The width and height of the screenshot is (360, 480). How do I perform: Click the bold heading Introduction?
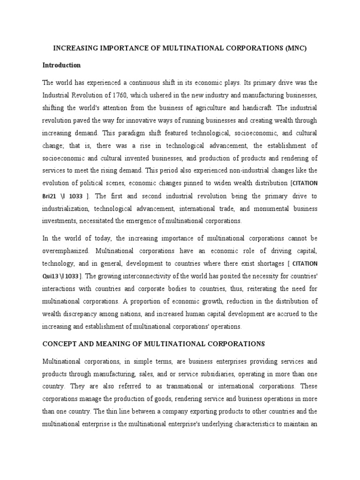point(61,65)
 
